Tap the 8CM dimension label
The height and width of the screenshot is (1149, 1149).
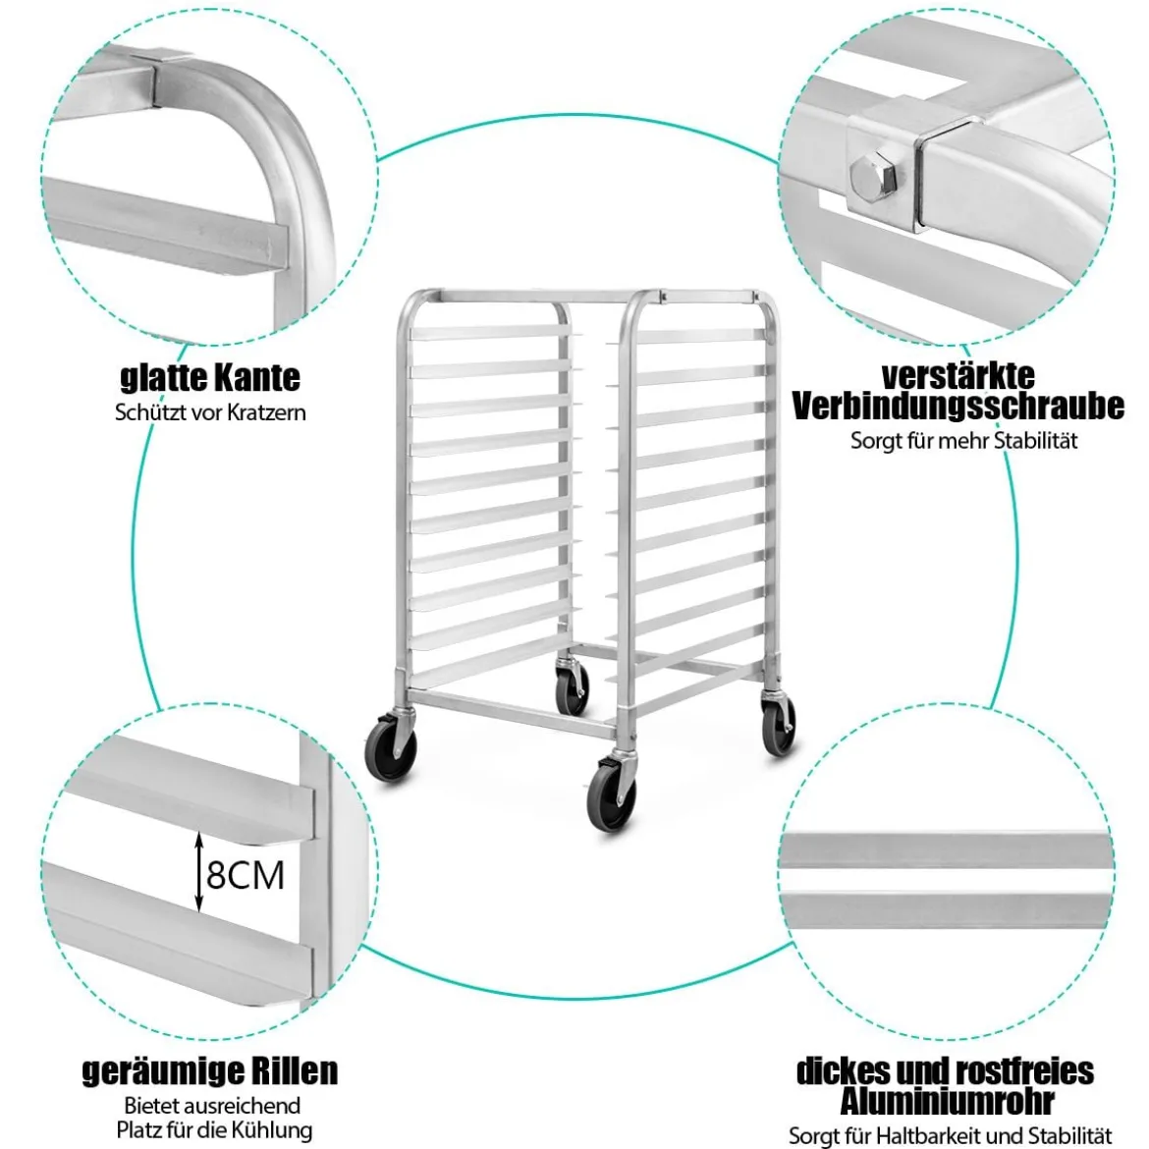pos(245,874)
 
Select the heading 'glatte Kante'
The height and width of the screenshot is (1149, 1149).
pos(210,377)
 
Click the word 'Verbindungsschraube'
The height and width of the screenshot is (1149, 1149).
pos(958,406)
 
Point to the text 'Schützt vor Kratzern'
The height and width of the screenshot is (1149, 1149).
pos(210,411)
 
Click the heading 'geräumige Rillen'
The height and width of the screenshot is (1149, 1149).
pos(210,1070)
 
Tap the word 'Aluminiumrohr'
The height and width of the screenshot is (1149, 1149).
pos(948,1101)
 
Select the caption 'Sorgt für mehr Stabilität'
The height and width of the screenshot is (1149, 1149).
pos(964,441)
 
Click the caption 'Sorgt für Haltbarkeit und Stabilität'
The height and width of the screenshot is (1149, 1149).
pos(951,1135)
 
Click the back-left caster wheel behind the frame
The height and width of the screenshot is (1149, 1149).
pos(572,686)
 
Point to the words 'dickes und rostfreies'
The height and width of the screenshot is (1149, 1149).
pos(946,1070)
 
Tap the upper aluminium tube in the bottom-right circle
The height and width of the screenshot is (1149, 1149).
pos(946,849)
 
